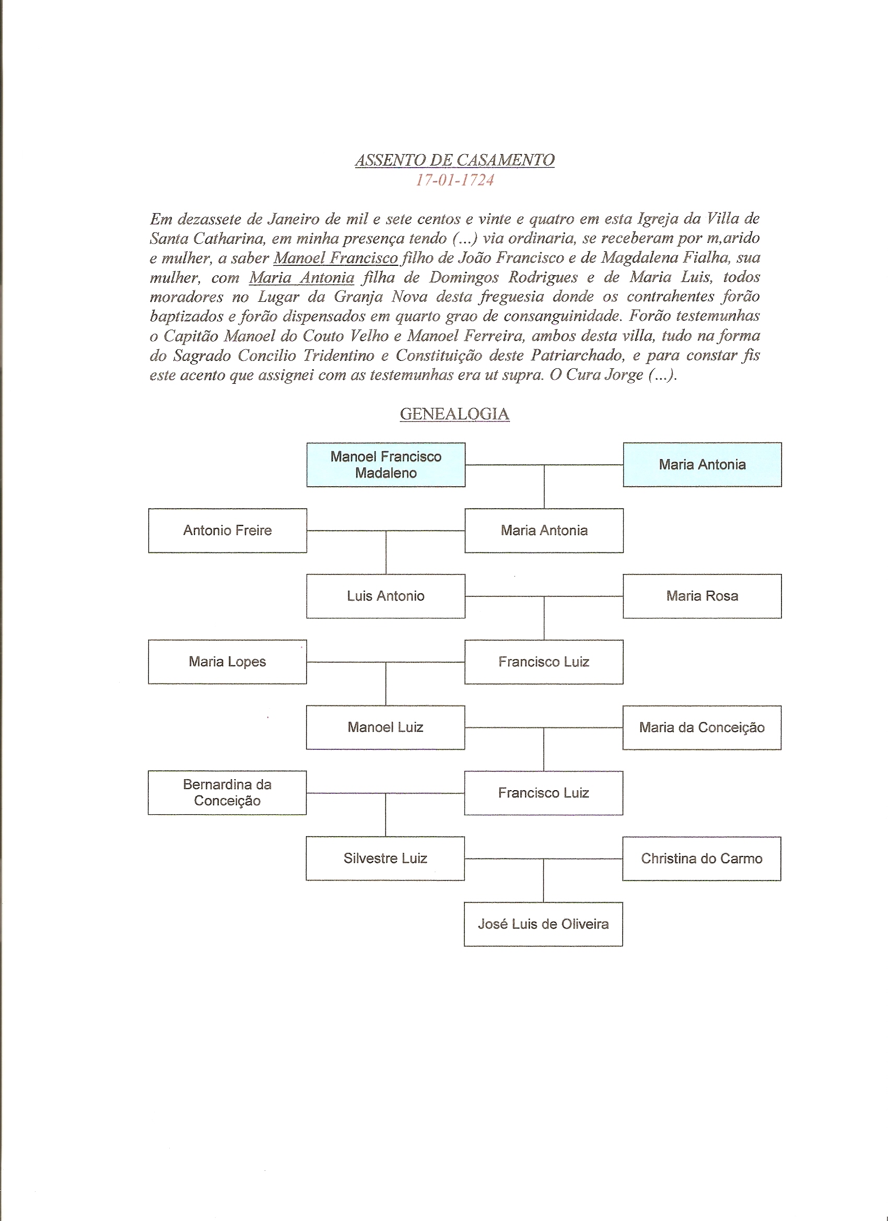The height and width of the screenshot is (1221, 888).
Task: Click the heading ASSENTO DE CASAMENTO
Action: pos(454,160)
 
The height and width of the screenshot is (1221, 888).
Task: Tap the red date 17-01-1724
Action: pos(454,180)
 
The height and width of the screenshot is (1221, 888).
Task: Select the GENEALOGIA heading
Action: pos(454,414)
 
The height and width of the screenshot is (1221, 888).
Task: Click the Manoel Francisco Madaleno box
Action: pos(385,465)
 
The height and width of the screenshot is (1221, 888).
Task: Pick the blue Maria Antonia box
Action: pos(702,465)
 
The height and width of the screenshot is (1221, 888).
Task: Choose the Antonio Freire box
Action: pos(227,530)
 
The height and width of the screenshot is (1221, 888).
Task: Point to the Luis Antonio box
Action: pos(385,596)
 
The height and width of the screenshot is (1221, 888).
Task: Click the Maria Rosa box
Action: pos(702,596)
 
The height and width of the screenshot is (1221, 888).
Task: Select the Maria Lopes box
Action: pos(227,662)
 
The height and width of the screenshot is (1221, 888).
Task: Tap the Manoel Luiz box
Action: pos(385,727)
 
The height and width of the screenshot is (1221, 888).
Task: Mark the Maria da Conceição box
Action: pos(702,727)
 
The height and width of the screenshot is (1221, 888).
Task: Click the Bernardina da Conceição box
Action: pos(227,792)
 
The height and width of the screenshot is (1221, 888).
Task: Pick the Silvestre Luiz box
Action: pos(385,858)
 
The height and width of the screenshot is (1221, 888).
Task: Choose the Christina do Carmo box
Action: pos(702,858)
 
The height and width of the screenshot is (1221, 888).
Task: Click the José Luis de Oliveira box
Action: pos(543,924)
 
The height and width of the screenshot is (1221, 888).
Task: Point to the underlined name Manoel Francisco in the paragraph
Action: pos(335,258)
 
